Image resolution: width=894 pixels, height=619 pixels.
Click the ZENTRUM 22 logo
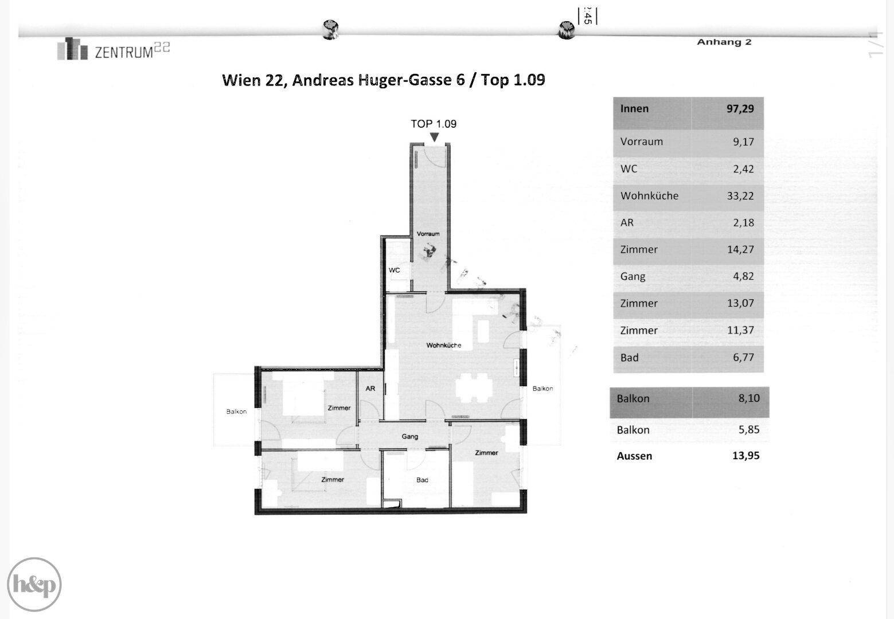click(x=114, y=49)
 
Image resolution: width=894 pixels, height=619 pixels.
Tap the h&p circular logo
click(x=34, y=584)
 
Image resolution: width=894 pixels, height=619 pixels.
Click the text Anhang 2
click(x=724, y=42)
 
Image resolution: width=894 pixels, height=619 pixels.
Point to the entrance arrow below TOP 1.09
click(x=434, y=137)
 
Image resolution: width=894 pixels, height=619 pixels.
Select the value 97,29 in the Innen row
click(x=740, y=109)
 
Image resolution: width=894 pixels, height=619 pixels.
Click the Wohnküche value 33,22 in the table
click(x=740, y=196)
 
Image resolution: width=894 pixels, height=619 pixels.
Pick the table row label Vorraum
click(x=641, y=142)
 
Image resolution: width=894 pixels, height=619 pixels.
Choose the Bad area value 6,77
click(x=744, y=358)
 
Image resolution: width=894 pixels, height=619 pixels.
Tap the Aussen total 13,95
click(x=746, y=456)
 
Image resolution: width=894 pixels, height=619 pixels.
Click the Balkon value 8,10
click(x=749, y=398)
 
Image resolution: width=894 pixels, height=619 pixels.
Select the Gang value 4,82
click(x=744, y=276)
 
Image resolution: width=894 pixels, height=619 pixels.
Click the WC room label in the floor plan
click(x=395, y=270)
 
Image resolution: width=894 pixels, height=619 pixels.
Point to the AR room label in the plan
click(x=370, y=389)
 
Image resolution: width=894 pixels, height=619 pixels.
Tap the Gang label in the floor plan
click(x=410, y=437)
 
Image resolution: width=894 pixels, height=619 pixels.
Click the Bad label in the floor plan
click(x=422, y=480)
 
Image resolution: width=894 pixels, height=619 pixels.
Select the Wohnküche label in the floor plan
click(x=444, y=346)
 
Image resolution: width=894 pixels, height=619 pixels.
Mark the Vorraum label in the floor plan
click(x=428, y=234)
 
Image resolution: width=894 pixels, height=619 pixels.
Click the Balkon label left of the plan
click(x=236, y=412)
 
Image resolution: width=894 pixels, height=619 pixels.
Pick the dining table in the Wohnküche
click(x=474, y=388)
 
